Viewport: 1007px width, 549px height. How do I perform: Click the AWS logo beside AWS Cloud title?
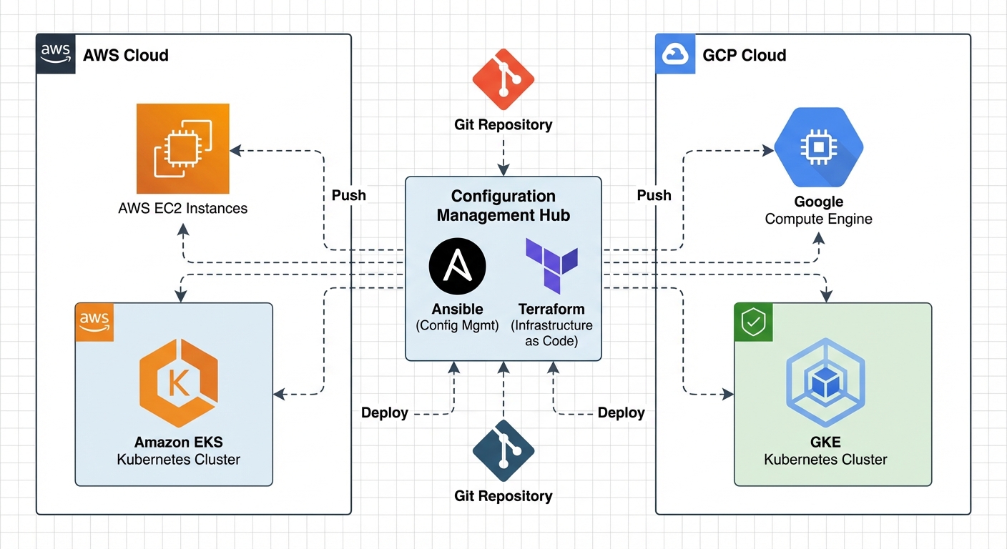coord(55,54)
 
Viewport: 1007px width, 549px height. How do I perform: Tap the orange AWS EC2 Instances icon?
coord(183,149)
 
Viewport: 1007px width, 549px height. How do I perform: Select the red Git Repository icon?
coord(503,79)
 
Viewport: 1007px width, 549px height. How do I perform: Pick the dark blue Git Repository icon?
coord(503,450)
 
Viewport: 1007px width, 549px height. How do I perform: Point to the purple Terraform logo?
coord(551,266)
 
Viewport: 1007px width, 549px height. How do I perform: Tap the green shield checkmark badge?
coord(752,322)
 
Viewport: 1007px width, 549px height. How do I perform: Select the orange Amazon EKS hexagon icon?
coord(178,382)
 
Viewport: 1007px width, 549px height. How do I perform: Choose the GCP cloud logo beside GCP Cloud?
coord(674,54)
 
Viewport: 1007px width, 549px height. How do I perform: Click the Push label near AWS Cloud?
coord(349,195)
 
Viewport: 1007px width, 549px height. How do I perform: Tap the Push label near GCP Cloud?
coord(654,195)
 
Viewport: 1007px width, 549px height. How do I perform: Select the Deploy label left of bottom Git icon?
coord(385,412)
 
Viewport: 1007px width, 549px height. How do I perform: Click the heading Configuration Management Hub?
coord(503,206)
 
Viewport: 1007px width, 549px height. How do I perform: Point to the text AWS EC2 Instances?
coord(183,209)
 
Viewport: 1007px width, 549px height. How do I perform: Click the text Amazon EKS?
coord(178,442)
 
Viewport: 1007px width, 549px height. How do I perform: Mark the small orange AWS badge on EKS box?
coord(94,321)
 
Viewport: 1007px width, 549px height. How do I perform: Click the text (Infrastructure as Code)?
coord(551,333)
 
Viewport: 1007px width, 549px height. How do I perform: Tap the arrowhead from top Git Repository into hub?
coord(503,171)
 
